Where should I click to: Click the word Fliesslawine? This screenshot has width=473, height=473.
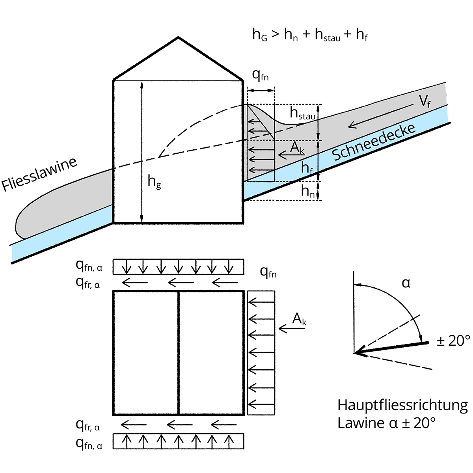point(39,174)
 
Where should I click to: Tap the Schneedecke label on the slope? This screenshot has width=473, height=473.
point(374,142)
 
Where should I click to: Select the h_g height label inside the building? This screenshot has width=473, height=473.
point(154,182)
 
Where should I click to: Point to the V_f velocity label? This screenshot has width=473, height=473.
point(425,102)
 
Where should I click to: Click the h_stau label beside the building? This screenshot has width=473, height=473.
point(302,114)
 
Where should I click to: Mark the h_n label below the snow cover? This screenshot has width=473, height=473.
point(307,191)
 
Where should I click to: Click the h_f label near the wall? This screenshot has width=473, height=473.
point(307,168)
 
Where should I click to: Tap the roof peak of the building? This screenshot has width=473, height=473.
point(179,38)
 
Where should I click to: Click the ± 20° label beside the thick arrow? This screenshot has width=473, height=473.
point(454,340)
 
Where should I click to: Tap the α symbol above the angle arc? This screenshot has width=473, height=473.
point(406,283)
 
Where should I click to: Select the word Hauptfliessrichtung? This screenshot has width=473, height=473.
point(402,405)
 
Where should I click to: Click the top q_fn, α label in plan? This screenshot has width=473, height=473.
point(89,266)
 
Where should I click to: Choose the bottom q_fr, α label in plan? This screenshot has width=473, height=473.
point(88,425)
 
